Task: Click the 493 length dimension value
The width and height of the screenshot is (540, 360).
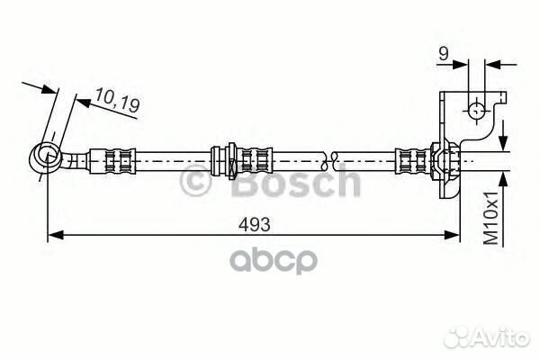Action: pyautogui.click(x=255, y=225)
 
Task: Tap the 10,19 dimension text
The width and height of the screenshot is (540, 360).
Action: pyautogui.click(x=117, y=101)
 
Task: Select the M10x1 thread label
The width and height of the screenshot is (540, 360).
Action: pyautogui.click(x=490, y=218)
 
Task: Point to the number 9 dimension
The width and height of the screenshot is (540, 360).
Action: pyautogui.click(x=444, y=54)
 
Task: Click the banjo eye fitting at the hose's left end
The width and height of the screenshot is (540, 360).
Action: pyautogui.click(x=46, y=157)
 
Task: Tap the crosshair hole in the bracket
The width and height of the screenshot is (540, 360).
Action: pyautogui.click(x=477, y=111)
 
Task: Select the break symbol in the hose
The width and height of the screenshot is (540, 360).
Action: pyautogui.click(x=328, y=161)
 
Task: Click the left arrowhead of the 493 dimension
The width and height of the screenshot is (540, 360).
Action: pyautogui.click(x=55, y=235)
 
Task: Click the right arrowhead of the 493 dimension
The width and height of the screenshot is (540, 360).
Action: pyautogui.click(x=452, y=235)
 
